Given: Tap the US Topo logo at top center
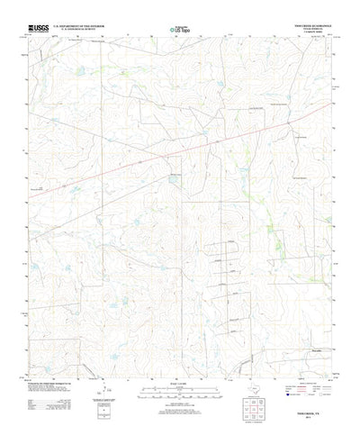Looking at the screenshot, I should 180,31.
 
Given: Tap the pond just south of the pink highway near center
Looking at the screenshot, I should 172,181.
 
